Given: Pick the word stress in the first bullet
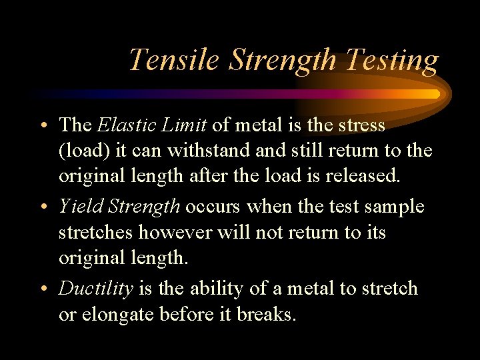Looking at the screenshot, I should pyautogui.click(x=360, y=125).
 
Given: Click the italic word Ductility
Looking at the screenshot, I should pyautogui.click(x=96, y=289).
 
